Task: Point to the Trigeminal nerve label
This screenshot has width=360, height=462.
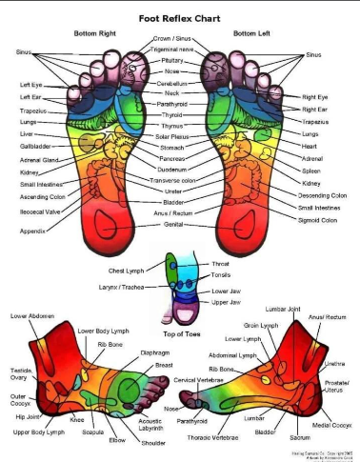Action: click(x=180, y=50)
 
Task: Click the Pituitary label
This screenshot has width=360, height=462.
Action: click(x=180, y=60)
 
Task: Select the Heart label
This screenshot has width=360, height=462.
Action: click(x=308, y=146)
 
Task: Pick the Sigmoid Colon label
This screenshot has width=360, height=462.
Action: click(x=317, y=219)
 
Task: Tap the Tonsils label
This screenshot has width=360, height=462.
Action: click(x=220, y=274)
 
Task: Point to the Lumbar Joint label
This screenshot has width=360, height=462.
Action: click(x=282, y=310)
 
